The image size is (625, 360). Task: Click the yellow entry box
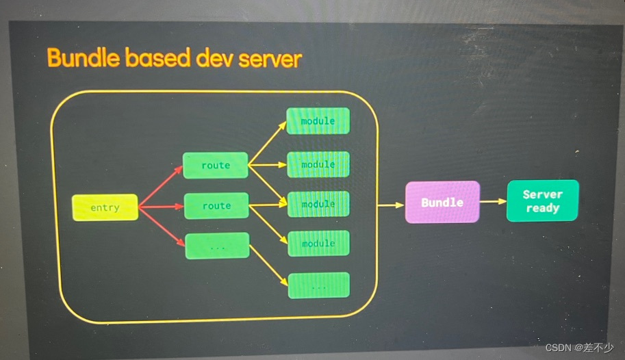(105, 207)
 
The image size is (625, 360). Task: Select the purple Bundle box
(442, 202)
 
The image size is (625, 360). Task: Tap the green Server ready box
(542, 201)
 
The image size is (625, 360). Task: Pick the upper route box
(216, 165)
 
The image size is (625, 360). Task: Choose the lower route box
(216, 205)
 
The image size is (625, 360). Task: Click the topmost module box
(318, 121)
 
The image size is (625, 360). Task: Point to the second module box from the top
(318, 164)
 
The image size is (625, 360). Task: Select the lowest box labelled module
(318, 244)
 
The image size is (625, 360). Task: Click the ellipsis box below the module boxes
(318, 285)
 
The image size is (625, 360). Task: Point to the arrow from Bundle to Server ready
(493, 201)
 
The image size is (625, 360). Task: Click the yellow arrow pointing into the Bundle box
(391, 204)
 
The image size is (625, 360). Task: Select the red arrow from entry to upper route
(161, 185)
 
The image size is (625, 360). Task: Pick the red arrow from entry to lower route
(161, 206)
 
